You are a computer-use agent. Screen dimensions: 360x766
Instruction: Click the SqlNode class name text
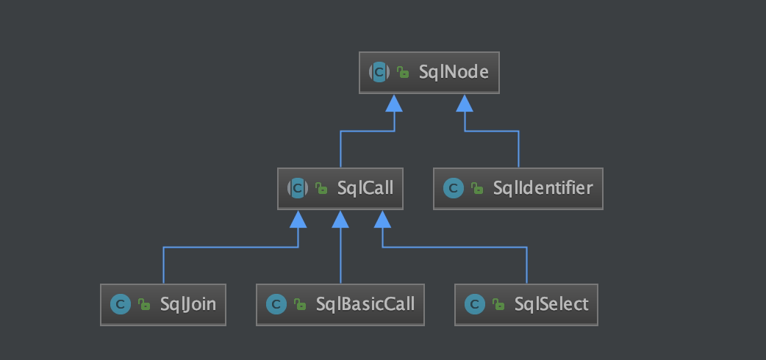click(454, 72)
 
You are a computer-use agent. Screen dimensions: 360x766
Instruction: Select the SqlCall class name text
click(365, 188)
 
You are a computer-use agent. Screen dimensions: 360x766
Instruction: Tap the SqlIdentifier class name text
click(543, 188)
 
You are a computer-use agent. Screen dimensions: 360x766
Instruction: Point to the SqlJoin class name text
click(188, 303)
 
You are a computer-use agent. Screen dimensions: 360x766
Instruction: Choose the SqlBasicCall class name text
click(365, 303)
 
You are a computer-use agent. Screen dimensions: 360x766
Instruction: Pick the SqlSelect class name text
click(551, 303)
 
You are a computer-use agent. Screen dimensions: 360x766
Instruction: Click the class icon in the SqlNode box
click(379, 72)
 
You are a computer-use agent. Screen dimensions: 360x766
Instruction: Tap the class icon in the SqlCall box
click(297, 188)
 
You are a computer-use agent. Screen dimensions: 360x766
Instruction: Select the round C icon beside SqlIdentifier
click(453, 188)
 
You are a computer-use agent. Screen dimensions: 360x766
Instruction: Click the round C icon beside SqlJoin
click(120, 304)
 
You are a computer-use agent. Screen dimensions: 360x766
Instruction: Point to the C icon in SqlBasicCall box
click(276, 304)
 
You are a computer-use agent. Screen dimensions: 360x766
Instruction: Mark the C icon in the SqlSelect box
click(474, 304)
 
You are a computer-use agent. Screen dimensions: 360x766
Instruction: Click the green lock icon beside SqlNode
click(403, 72)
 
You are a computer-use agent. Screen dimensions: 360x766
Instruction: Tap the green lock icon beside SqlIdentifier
click(477, 189)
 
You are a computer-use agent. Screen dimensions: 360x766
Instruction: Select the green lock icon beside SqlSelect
click(498, 304)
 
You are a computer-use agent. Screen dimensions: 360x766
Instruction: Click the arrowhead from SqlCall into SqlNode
click(394, 103)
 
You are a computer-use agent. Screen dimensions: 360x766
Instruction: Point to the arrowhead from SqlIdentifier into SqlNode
click(464, 103)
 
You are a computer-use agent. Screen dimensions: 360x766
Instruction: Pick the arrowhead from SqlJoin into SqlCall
click(298, 219)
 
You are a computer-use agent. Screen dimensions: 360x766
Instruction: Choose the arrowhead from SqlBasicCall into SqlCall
click(340, 219)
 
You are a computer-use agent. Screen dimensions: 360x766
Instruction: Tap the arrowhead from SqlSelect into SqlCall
click(382, 219)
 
